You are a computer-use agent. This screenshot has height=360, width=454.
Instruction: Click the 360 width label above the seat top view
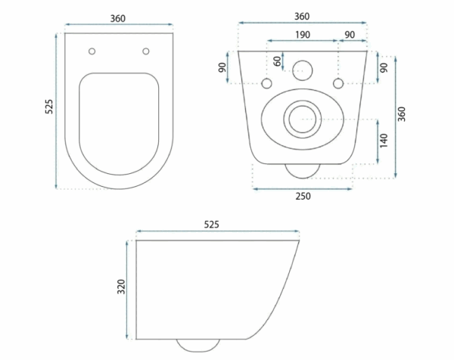(x=118, y=18)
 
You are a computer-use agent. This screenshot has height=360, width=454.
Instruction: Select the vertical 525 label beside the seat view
(x=49, y=106)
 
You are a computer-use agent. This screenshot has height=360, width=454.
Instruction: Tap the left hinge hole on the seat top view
(x=92, y=51)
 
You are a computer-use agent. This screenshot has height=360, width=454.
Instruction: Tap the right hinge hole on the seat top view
(x=145, y=51)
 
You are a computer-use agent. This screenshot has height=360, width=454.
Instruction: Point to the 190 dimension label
(x=303, y=35)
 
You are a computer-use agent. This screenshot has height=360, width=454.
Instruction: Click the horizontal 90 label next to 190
(x=350, y=35)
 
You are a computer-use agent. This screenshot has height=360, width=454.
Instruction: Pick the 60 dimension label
(x=278, y=61)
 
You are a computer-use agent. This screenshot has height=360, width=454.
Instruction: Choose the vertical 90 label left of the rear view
(x=222, y=67)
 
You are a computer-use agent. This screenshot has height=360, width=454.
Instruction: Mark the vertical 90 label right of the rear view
(x=384, y=68)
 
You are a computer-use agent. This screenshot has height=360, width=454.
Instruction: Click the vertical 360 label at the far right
(x=402, y=114)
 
